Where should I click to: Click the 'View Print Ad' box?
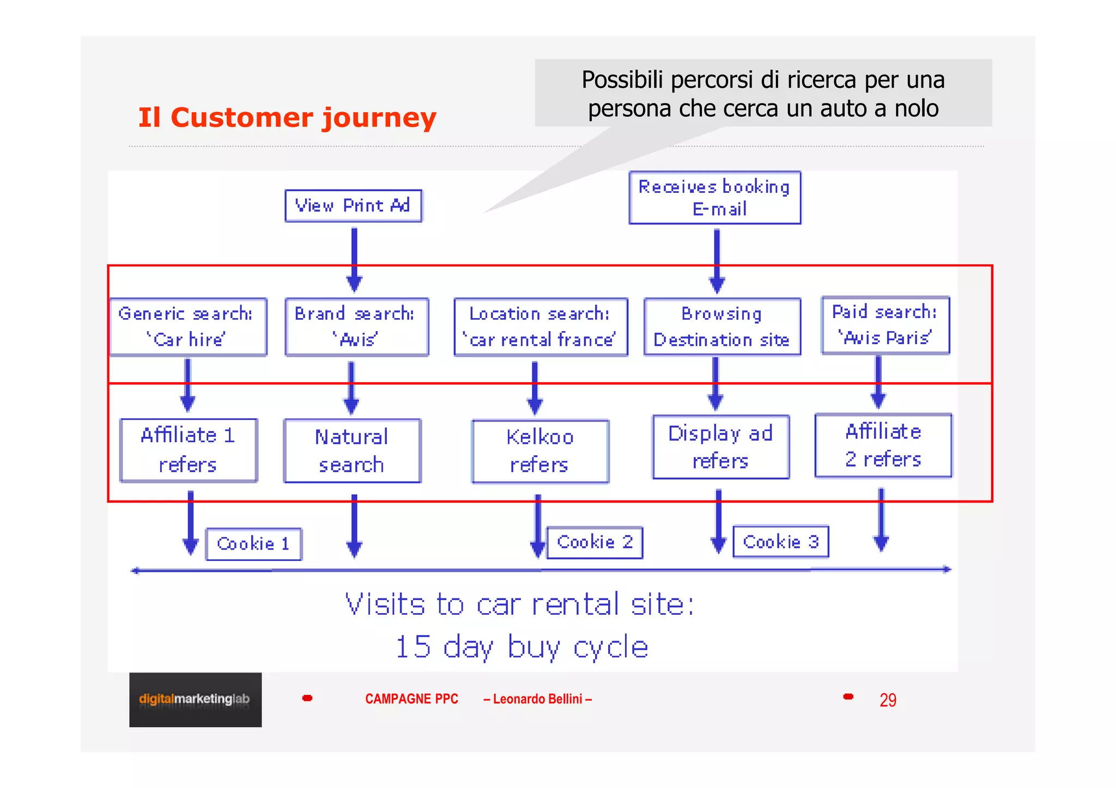pos(353,206)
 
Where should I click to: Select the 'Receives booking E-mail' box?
pos(714,198)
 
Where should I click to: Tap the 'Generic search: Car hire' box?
pos(188,327)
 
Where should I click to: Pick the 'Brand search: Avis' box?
pos(356,327)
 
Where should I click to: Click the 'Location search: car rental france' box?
pos(541,327)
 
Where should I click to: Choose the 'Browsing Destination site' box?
pos(722,327)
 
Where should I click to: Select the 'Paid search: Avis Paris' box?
pos(885,325)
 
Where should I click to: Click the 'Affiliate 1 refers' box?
pos(188,450)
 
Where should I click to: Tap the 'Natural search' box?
pos(352,450)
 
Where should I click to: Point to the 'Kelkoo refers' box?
pos(539,451)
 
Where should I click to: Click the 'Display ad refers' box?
pos(720,447)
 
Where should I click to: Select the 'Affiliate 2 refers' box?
pos(883,445)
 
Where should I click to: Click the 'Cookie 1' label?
pos(253,544)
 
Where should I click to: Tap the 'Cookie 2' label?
pos(595,542)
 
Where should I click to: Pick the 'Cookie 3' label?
pos(780,542)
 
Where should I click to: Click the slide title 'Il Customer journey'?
pos(287,118)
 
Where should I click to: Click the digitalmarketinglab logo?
pos(195,699)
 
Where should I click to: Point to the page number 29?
pos(888,700)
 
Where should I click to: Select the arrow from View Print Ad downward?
pos(354,259)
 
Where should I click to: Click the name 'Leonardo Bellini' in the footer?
pos(537,699)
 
